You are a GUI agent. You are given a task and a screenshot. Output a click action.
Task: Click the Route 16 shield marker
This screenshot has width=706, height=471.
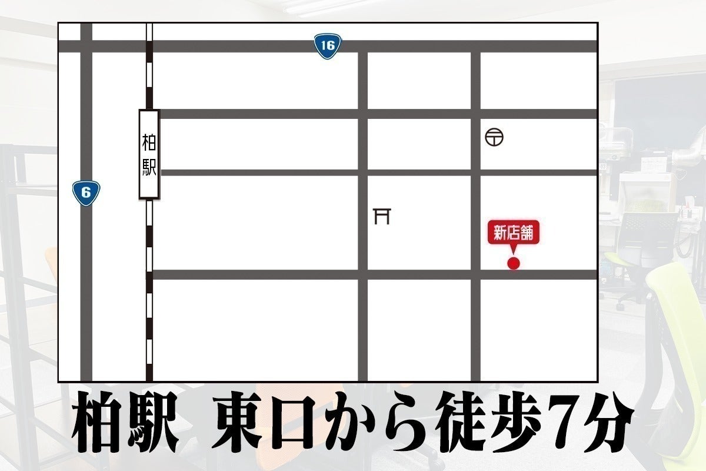pos(328,46)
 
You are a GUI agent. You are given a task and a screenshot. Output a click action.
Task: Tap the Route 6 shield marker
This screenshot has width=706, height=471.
pos(86,193)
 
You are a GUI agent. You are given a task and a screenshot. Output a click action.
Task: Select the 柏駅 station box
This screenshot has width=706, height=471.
pos(149,154)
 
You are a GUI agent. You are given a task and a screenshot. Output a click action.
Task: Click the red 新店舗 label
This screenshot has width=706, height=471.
pos(513,234)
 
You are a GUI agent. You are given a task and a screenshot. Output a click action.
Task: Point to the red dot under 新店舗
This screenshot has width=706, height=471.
pos(514,263)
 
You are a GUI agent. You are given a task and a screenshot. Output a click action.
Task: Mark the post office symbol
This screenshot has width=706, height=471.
pos(494,138)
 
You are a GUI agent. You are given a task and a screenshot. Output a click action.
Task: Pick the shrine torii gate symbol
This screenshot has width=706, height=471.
pos(382,216)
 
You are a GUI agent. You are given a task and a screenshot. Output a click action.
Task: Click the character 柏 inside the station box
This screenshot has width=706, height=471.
pos(149,142)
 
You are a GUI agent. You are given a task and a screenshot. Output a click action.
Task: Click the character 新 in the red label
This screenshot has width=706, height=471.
pos(500,234)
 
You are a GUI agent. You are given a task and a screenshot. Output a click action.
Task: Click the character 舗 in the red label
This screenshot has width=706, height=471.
pos(526,234)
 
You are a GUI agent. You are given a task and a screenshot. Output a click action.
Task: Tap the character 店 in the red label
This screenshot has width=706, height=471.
pos(513,234)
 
